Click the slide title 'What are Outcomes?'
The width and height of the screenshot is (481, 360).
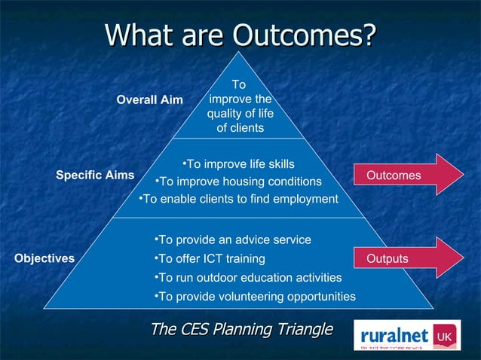pos(240,34)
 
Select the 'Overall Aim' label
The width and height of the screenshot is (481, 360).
pos(149,100)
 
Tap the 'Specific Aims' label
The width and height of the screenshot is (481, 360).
pos(95,175)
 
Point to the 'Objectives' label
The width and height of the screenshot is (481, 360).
pos(44,258)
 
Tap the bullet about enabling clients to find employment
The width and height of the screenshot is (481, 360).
pos(239,199)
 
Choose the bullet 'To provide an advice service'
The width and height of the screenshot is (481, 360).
pos(231,239)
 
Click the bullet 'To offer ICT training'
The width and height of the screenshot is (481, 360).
pos(209,259)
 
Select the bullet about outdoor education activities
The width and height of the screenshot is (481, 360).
pos(247,278)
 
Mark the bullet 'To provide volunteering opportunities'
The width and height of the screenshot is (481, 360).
pos(254,297)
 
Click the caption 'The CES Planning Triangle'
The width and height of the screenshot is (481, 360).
pos(241,329)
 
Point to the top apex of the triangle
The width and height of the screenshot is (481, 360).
pos(240,53)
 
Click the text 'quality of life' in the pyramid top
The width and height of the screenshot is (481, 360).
pos(240,114)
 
